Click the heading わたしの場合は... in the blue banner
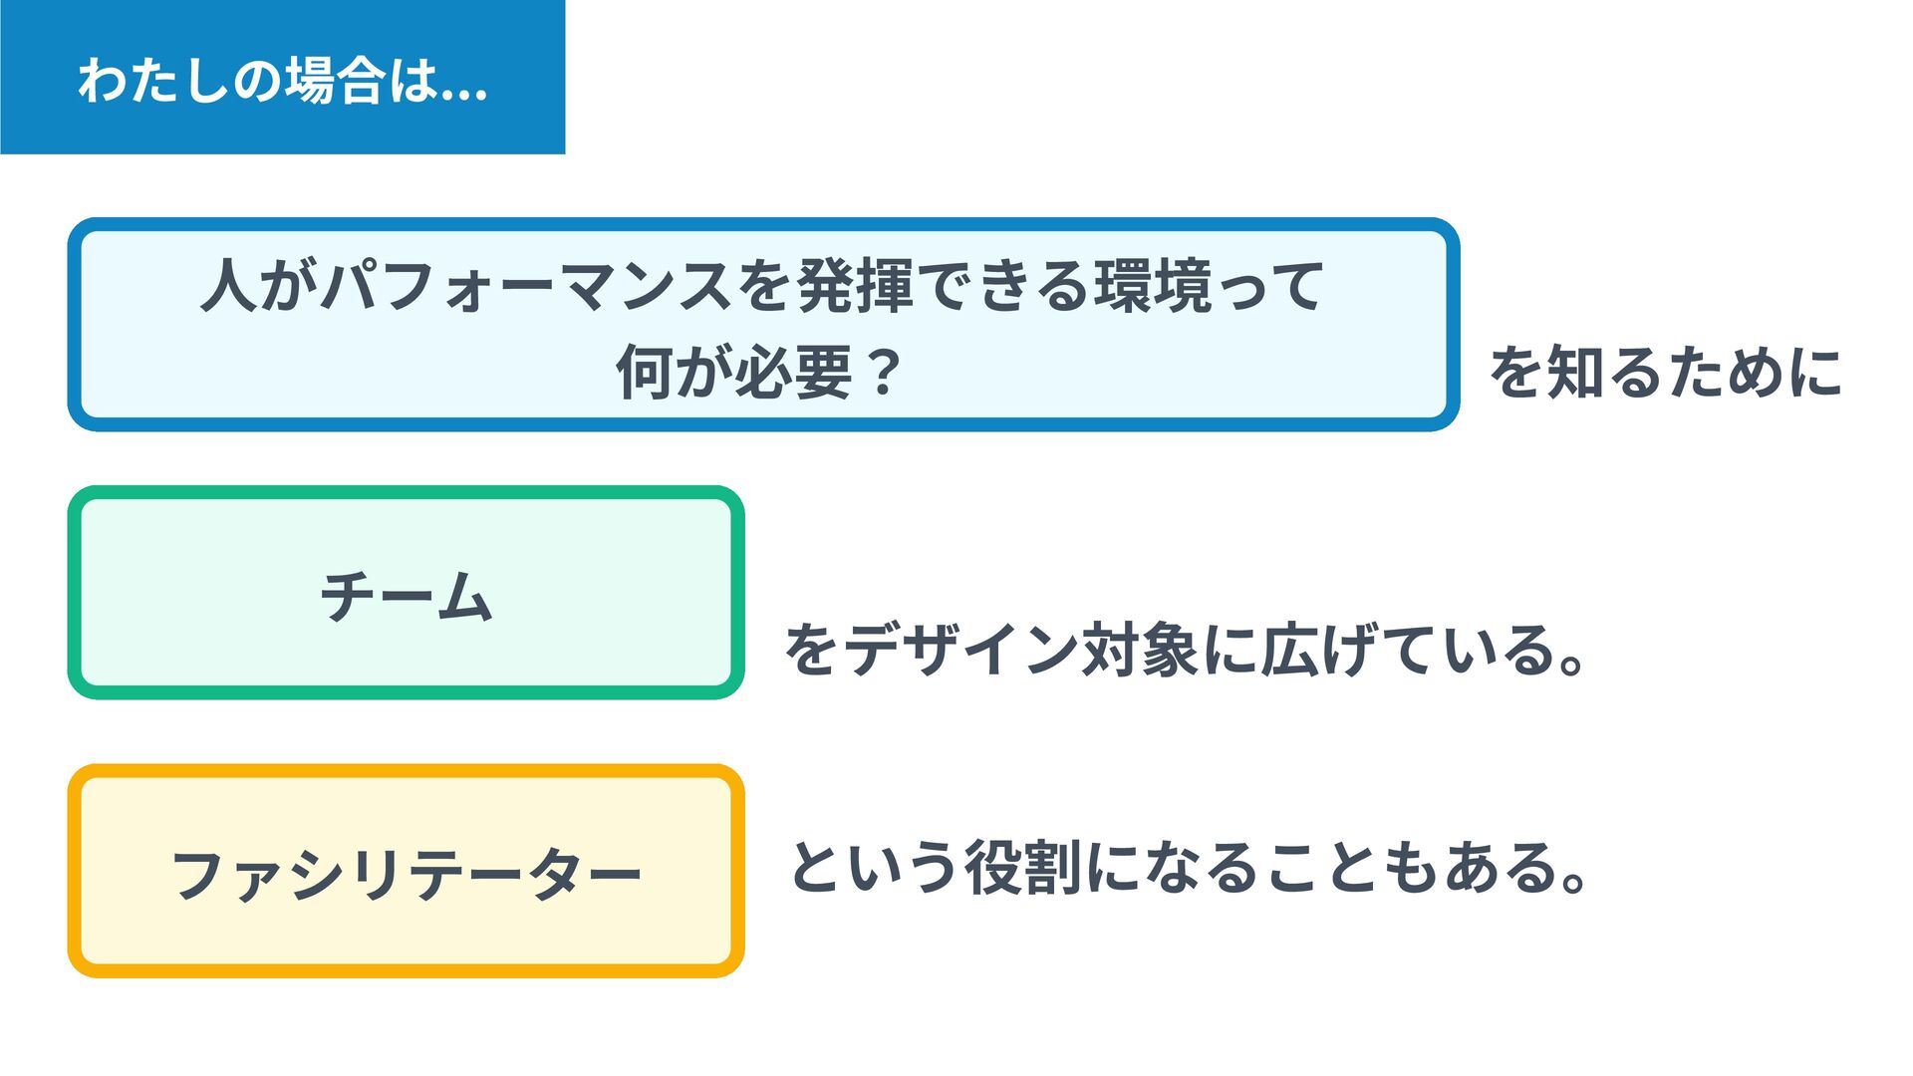tap(282, 80)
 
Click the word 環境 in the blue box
tap(1153, 286)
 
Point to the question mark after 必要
tap(883, 372)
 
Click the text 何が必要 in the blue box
tap(735, 372)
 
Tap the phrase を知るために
tap(1665, 372)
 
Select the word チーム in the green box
tap(407, 596)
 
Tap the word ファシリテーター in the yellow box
tap(407, 874)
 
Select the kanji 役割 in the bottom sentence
tap(1022, 867)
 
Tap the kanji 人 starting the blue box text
tap(230, 286)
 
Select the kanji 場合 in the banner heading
tap(336, 80)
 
